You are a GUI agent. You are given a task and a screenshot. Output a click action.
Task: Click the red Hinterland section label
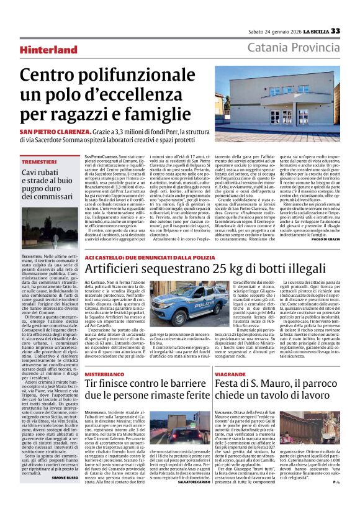tap(65, 50)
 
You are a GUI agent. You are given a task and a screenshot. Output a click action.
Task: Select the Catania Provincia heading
tap(293, 48)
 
